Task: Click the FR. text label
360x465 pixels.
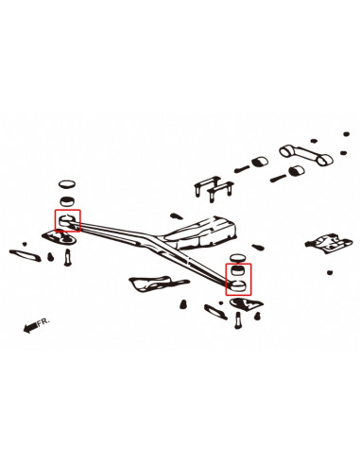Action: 44,322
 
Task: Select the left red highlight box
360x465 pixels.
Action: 69,222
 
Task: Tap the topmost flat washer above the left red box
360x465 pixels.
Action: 67,184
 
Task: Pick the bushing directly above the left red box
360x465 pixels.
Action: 68,201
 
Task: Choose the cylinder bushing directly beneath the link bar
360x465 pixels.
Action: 294,171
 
